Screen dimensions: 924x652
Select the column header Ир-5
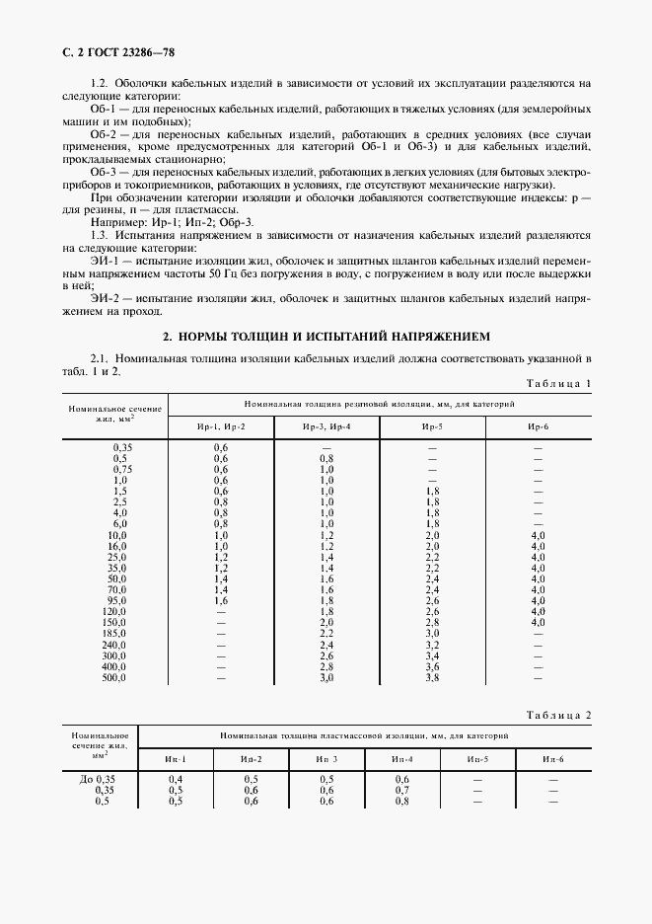pyautogui.click(x=431, y=425)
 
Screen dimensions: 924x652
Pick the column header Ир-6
pyautogui.click(x=538, y=425)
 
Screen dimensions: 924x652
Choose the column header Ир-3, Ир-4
pyautogui.click(x=326, y=425)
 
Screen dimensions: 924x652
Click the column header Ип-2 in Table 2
pyautogui.click(x=252, y=758)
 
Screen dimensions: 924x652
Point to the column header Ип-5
pyautogui.click(x=478, y=758)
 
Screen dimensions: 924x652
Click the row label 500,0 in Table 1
pyautogui.click(x=115, y=678)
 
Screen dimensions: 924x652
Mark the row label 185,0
pyautogui.click(x=115, y=632)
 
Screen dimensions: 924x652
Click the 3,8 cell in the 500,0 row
pyautogui.click(x=431, y=678)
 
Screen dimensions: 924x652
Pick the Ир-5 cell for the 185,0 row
pyautogui.click(x=431, y=632)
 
